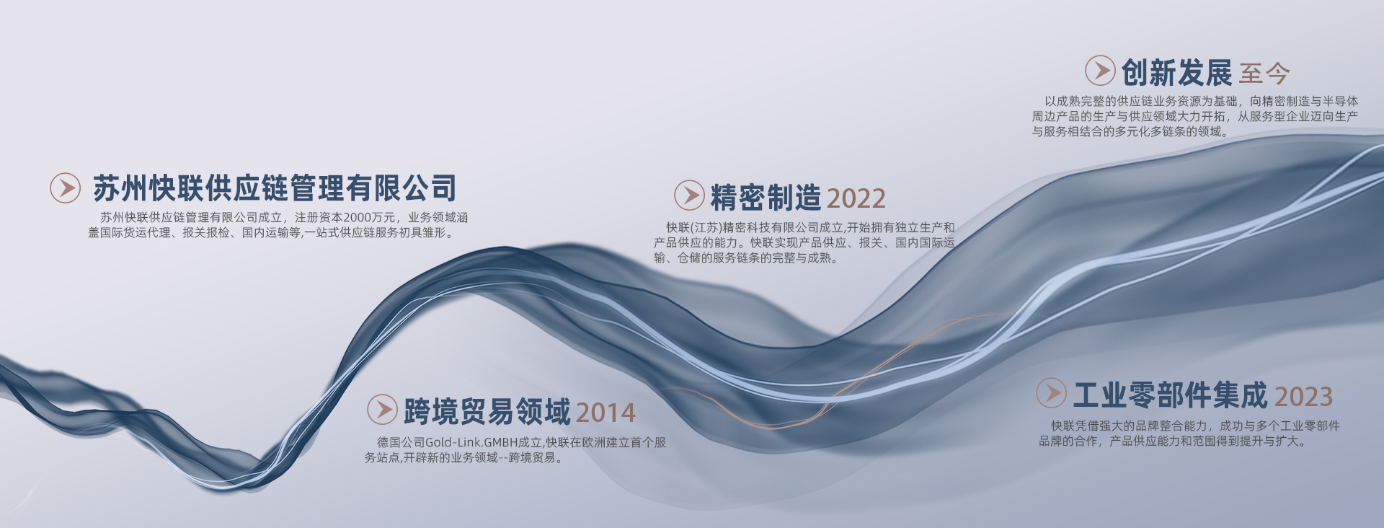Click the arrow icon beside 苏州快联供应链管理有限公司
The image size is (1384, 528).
click(x=65, y=188)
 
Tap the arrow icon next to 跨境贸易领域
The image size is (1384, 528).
click(x=382, y=410)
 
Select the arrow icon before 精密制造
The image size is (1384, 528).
click(x=689, y=195)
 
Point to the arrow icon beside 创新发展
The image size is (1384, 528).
click(x=1100, y=71)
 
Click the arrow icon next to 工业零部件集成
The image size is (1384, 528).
click(x=1051, y=393)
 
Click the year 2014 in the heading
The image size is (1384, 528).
click(x=605, y=413)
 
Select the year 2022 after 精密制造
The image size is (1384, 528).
click(x=856, y=198)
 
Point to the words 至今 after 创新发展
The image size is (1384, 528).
click(x=1264, y=74)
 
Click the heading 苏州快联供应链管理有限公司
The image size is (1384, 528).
click(x=275, y=189)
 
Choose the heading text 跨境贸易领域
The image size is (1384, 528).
click(x=487, y=411)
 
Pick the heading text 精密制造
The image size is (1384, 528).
click(x=766, y=197)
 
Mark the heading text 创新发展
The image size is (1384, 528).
click(x=1176, y=72)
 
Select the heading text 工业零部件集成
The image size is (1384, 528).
click(x=1171, y=395)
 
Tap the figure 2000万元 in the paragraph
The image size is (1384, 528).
click(x=369, y=218)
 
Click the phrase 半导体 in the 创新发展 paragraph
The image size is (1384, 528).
click(x=1341, y=102)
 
